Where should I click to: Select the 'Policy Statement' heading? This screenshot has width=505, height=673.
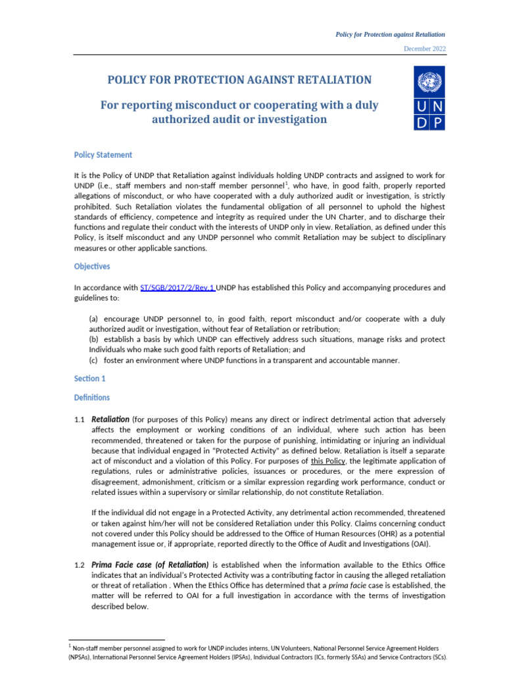click(x=103, y=154)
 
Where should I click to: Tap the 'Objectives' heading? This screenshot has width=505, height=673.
click(x=91, y=266)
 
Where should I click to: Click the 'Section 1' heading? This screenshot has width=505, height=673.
click(x=89, y=379)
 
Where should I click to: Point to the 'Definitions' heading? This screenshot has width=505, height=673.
click(x=91, y=398)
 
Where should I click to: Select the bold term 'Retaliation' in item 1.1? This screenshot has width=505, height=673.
click(x=110, y=419)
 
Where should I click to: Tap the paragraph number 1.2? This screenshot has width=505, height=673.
click(x=80, y=565)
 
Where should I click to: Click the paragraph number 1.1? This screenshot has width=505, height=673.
click(x=80, y=419)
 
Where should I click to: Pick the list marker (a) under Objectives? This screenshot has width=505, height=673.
click(x=95, y=319)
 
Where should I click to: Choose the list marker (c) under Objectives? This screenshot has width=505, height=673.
click(x=95, y=360)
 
